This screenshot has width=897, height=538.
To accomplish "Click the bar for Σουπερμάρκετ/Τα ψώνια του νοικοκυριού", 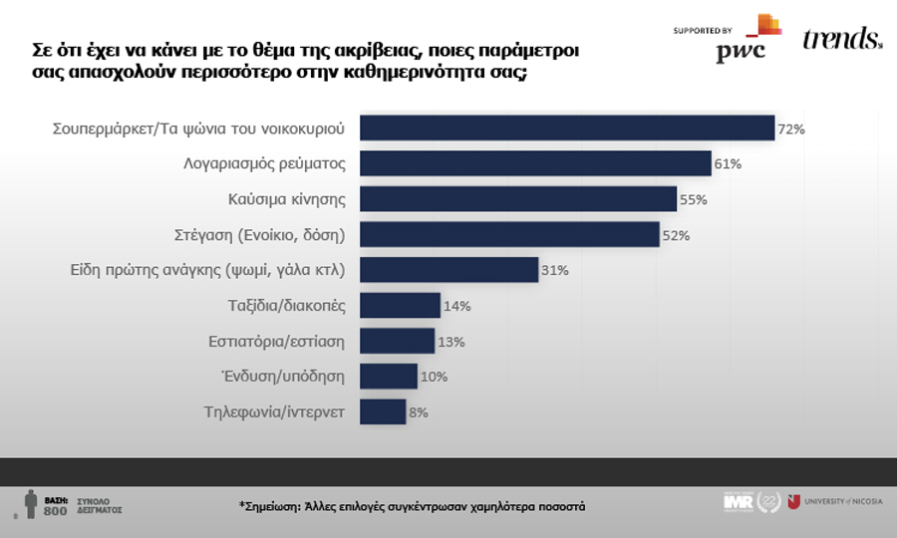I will [x=566, y=129].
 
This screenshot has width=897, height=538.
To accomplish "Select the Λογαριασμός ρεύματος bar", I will [x=534, y=163].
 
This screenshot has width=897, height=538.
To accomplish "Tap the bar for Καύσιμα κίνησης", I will [x=517, y=199].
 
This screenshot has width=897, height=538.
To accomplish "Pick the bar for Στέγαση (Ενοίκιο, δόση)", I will [x=508, y=234].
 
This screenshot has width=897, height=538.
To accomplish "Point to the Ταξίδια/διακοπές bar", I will [x=399, y=306].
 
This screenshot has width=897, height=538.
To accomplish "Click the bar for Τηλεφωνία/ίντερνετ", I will [x=382, y=411].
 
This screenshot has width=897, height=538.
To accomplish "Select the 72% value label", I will [x=791, y=129].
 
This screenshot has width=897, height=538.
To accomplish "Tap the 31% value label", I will [x=555, y=270].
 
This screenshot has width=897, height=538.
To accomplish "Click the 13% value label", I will [x=450, y=342].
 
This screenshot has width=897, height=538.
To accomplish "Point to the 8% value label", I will [x=418, y=412].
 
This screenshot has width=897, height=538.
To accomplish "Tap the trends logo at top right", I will [x=841, y=40].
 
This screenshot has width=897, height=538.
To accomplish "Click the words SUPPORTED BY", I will [x=703, y=31].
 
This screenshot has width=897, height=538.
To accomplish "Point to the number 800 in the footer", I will [x=56, y=511].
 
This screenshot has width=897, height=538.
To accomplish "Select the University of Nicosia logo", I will [x=835, y=502].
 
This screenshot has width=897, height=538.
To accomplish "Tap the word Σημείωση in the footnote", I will [x=275, y=506].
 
